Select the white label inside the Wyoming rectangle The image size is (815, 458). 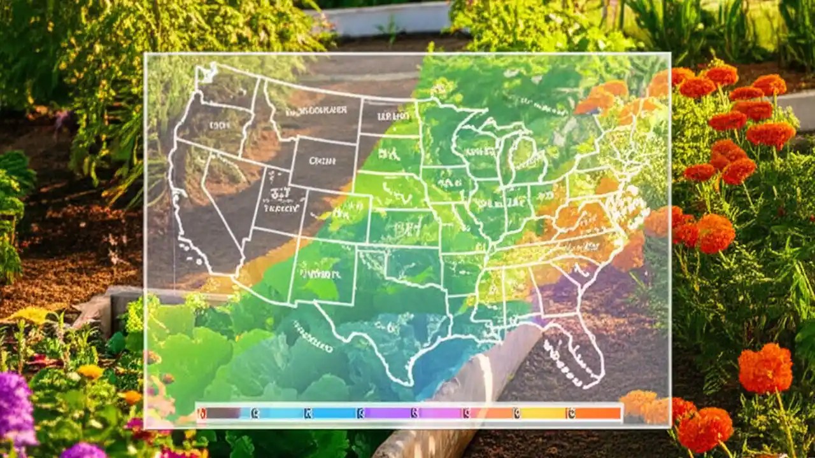click(322, 162)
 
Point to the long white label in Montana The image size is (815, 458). click(316, 111)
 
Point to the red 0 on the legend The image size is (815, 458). click(202, 413)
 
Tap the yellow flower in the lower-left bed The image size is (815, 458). click(90, 371)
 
